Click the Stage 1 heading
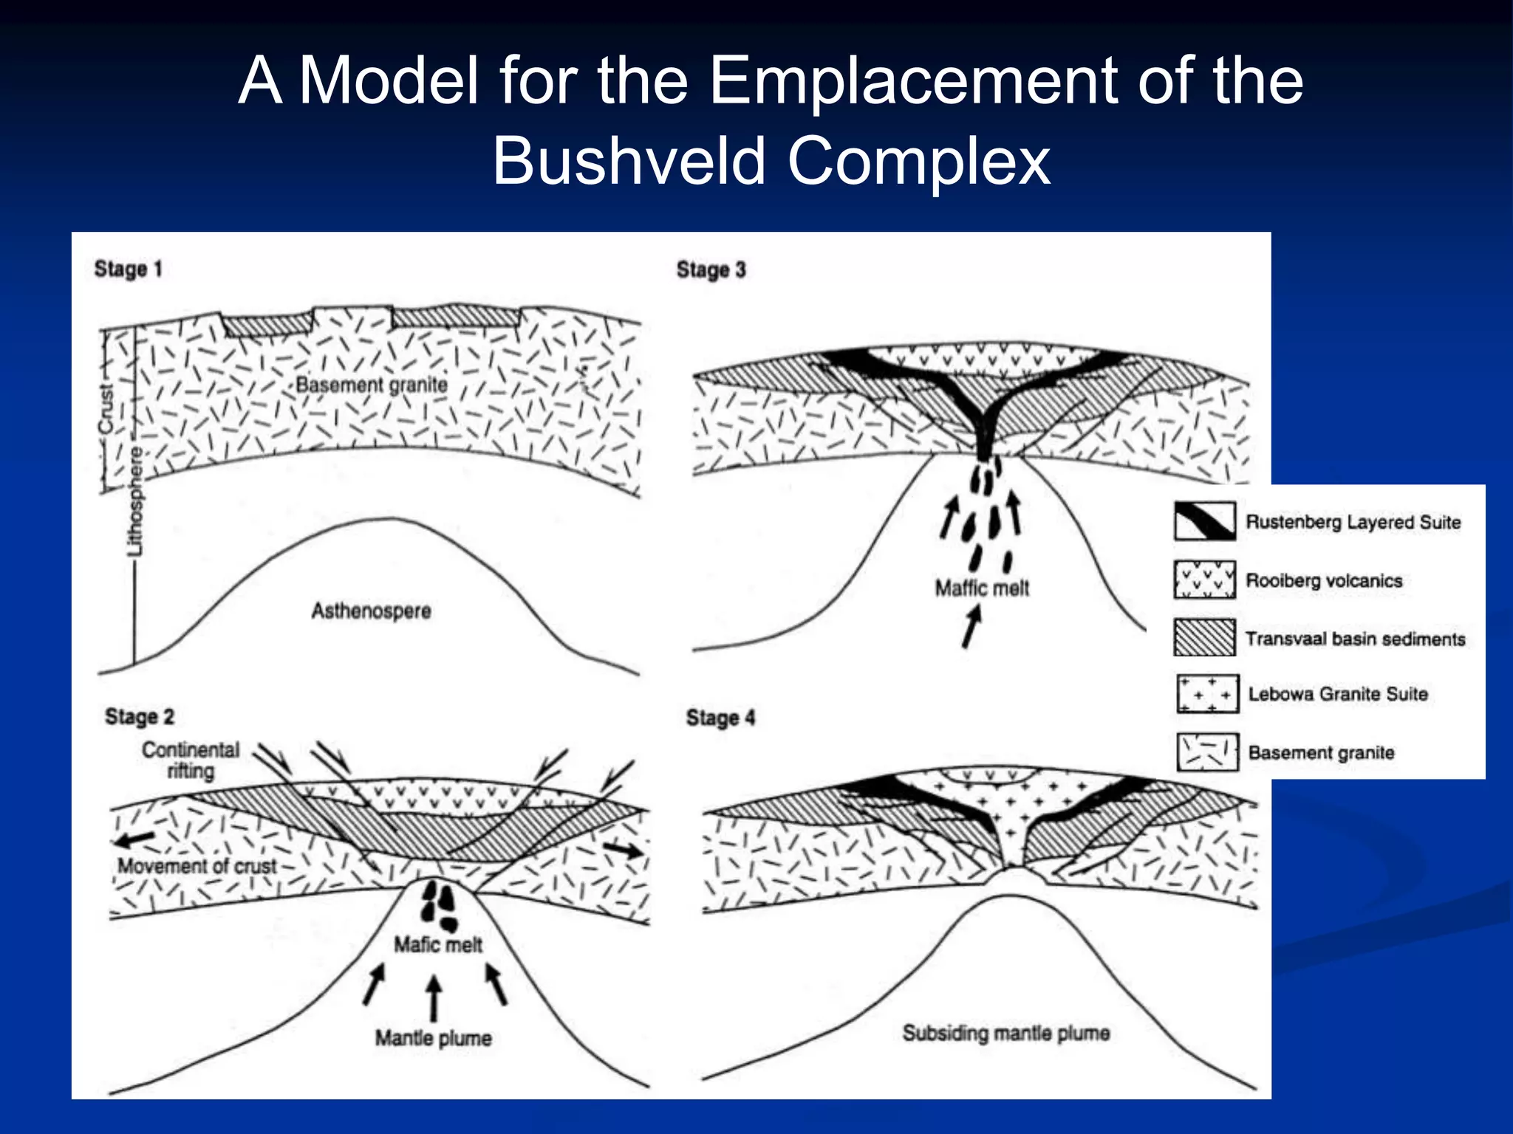(128, 269)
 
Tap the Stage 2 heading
(139, 716)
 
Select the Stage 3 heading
(711, 269)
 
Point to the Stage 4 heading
(720, 718)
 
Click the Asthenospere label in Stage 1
(371, 611)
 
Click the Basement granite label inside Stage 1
(371, 385)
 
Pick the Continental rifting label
(191, 760)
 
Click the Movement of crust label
(197, 865)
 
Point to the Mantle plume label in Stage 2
(433, 1038)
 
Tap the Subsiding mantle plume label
(1005, 1033)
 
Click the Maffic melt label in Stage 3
(982, 588)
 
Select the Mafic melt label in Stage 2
(437, 944)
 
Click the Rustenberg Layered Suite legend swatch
(1204, 521)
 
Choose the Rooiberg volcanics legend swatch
(1204, 580)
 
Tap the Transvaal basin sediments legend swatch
(1204, 638)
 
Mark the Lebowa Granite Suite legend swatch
(1207, 694)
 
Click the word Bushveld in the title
(629, 161)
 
